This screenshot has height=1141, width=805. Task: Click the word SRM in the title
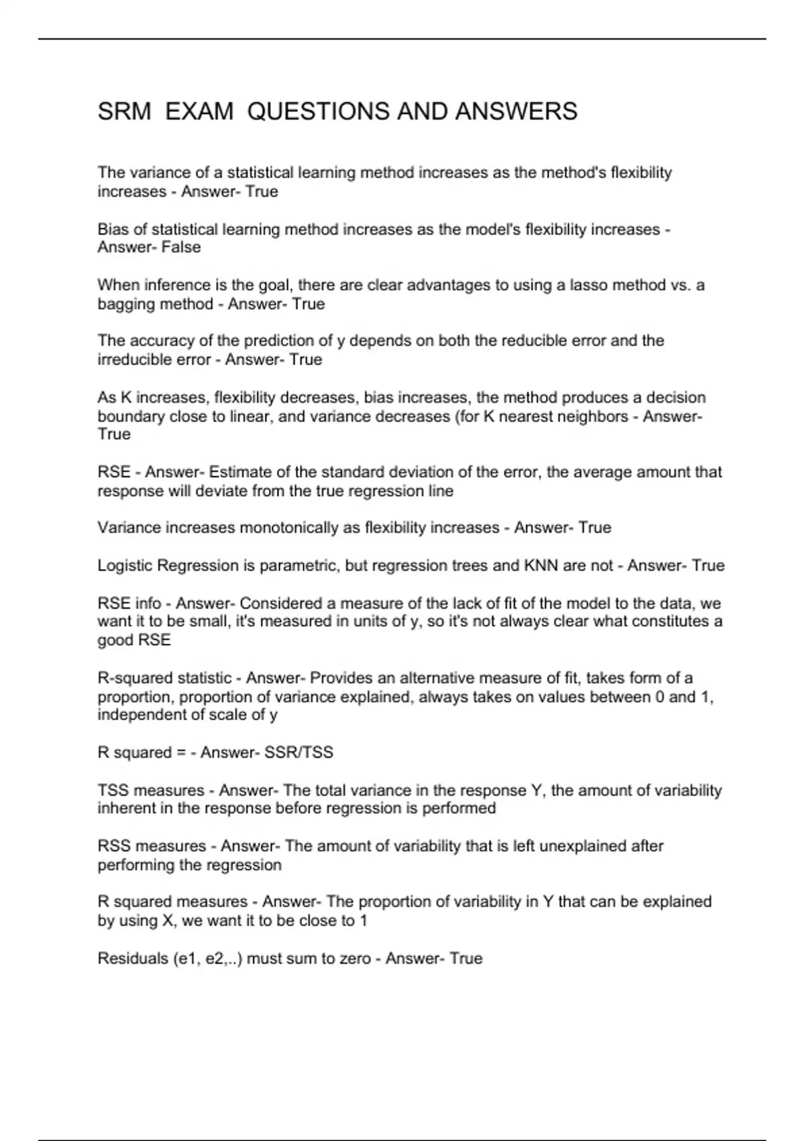pyautogui.click(x=124, y=111)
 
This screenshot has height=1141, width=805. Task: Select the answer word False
pyautogui.click(x=181, y=248)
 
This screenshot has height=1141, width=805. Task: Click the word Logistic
pyautogui.click(x=125, y=566)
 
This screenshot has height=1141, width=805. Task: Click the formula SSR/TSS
pyautogui.click(x=299, y=753)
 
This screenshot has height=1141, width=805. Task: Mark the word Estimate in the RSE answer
pyautogui.click(x=237, y=473)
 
